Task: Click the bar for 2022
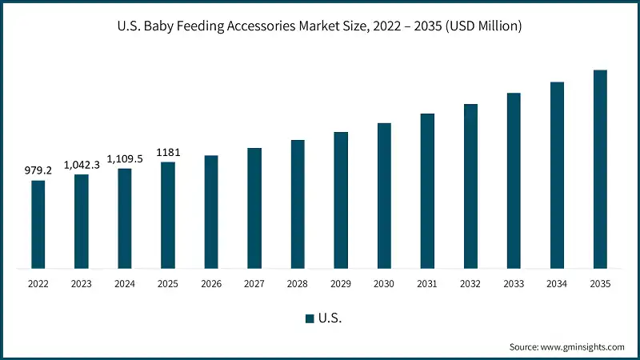click(x=38, y=224)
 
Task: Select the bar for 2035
click(x=599, y=169)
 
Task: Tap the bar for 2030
click(x=384, y=195)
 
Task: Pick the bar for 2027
click(x=254, y=208)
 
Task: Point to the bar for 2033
click(x=514, y=180)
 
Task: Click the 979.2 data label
click(x=38, y=170)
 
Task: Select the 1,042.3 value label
click(x=82, y=164)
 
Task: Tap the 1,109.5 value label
click(x=125, y=158)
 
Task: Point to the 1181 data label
click(x=168, y=152)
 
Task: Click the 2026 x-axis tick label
click(x=211, y=284)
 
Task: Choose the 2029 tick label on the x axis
click(x=341, y=284)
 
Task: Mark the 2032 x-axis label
click(x=470, y=284)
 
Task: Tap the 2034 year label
click(x=557, y=284)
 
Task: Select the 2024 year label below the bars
click(x=125, y=284)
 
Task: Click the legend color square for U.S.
click(x=310, y=318)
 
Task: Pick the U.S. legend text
click(x=330, y=318)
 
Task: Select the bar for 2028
click(x=298, y=204)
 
